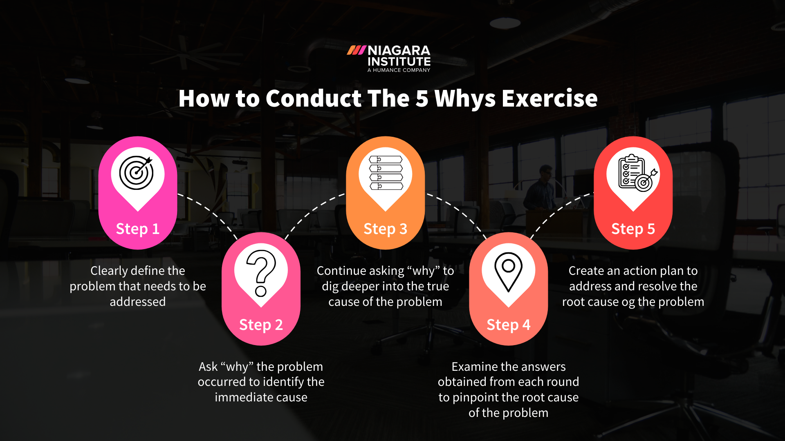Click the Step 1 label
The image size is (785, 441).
coord(138,229)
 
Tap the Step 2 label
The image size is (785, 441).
coord(261,325)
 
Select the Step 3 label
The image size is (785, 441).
coord(385,229)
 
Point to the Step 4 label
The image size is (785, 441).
coord(508,325)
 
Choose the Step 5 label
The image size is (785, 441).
coord(633,229)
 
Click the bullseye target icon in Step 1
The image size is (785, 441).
coord(137,173)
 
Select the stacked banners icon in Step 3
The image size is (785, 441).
coord(386,173)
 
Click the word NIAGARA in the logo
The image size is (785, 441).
coord(399,51)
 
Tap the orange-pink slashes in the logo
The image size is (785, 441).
coord(356,51)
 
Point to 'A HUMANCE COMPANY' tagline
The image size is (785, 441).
coord(399,70)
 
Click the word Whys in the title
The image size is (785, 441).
coord(465,99)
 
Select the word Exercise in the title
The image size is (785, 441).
coord(549,98)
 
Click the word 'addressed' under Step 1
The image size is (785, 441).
coord(138,302)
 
